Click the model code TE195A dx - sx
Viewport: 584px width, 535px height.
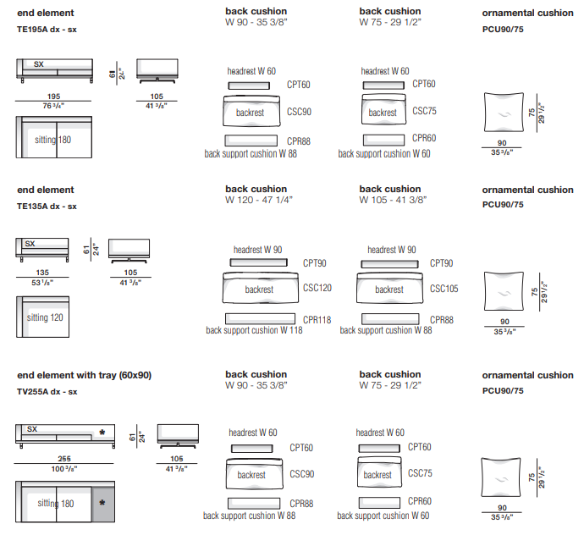click(x=47, y=30)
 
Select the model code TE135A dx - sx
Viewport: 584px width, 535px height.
click(x=47, y=207)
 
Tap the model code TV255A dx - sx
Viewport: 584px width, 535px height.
click(x=47, y=392)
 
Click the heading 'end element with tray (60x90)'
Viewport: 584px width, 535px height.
click(x=84, y=375)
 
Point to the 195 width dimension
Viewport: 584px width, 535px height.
click(x=53, y=97)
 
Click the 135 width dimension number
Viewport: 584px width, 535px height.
click(x=42, y=273)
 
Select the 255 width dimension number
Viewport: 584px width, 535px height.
click(x=64, y=459)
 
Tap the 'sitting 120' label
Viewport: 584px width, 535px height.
click(x=45, y=317)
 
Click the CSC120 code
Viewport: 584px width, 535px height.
click(x=317, y=288)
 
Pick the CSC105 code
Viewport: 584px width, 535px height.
click(x=444, y=289)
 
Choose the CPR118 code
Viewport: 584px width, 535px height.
click(x=317, y=320)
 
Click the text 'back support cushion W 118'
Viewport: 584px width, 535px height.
click(x=255, y=330)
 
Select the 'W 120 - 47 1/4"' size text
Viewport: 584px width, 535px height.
click(x=259, y=200)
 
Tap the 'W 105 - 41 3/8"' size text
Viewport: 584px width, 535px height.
click(x=393, y=200)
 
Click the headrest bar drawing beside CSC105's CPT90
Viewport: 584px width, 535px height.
click(x=389, y=264)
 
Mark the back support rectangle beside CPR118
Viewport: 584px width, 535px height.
click(x=260, y=318)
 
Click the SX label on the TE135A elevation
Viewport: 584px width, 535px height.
click(x=30, y=244)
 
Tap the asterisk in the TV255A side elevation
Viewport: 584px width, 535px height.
click(x=102, y=433)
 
